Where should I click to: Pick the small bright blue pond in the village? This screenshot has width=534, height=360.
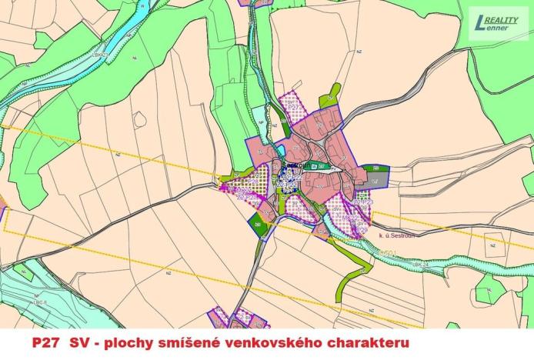(x=282, y=150)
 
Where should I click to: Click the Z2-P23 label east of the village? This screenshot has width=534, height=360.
(x=365, y=202)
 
